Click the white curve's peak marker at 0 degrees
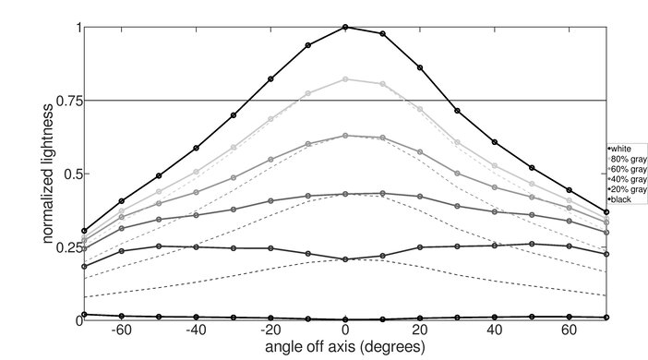(x=345, y=27)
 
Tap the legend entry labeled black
(x=621, y=200)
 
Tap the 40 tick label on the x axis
(x=496, y=330)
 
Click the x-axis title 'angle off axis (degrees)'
(x=345, y=348)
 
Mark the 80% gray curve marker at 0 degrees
(x=345, y=79)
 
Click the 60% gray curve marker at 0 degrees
(x=345, y=136)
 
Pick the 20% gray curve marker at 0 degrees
(x=345, y=259)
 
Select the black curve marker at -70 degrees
(x=84, y=315)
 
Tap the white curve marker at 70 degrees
(x=606, y=212)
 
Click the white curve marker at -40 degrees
(x=196, y=148)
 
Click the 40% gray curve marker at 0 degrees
(x=345, y=194)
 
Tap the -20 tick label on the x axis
(x=270, y=330)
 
